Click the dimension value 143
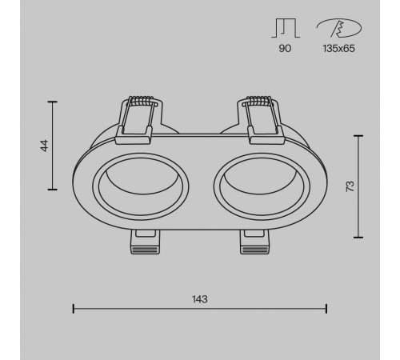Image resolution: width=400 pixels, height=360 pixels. (x=200, y=299)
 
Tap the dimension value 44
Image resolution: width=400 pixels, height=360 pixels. (x=45, y=146)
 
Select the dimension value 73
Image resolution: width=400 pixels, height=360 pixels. (x=350, y=186)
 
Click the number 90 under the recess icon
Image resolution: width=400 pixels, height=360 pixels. (x=285, y=48)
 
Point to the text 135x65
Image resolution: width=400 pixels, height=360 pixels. (x=338, y=48)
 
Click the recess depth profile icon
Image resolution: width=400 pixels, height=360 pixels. (x=286, y=28)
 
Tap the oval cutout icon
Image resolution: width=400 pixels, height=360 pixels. (x=339, y=28)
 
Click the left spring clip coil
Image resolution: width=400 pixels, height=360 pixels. (x=141, y=101)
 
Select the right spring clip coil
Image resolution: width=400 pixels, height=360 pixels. (x=258, y=101)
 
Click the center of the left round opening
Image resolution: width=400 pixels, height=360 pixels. (x=141, y=186)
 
